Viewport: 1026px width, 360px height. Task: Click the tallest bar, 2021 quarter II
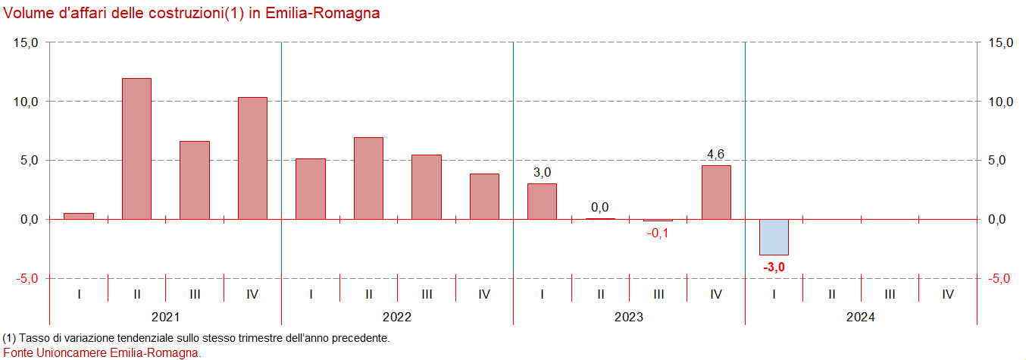(136, 149)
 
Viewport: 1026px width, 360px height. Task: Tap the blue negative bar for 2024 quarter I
(774, 236)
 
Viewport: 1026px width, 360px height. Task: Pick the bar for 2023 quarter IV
(716, 193)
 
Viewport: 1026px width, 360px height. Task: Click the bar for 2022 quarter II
(368, 178)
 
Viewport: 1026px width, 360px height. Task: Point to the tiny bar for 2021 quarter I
(79, 216)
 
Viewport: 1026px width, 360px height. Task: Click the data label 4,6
(716, 155)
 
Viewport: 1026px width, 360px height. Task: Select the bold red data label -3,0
(774, 266)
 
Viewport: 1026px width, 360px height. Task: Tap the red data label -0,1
(658, 233)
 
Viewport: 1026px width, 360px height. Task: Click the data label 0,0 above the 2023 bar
(600, 207)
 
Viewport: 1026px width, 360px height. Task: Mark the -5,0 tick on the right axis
(998, 279)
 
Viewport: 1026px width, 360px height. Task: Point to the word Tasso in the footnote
(31, 337)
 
